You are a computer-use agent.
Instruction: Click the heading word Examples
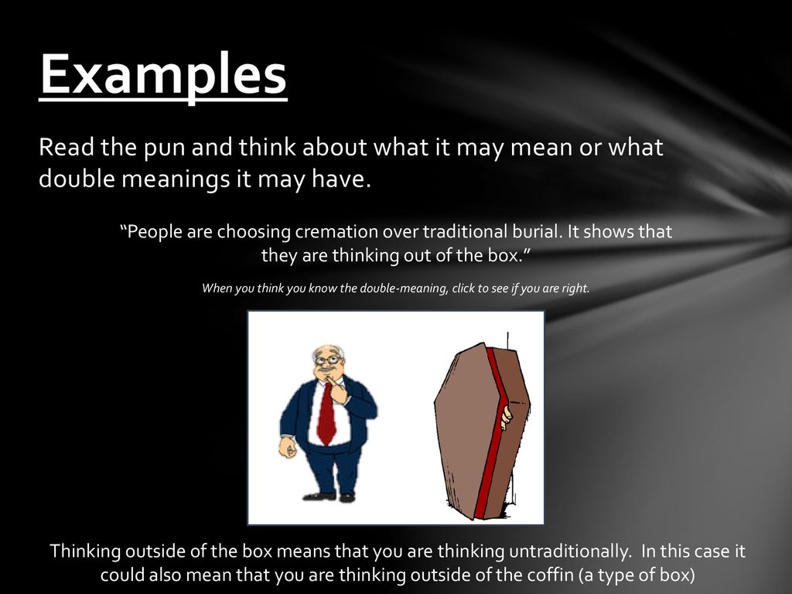pyautogui.click(x=163, y=74)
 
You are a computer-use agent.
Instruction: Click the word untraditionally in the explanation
pyautogui.click(x=570, y=551)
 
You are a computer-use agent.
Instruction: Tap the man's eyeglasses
pyautogui.click(x=328, y=360)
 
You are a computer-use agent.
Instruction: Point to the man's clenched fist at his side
pyautogui.click(x=288, y=448)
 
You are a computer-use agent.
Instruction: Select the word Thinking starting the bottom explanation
pyautogui.click(x=85, y=551)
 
